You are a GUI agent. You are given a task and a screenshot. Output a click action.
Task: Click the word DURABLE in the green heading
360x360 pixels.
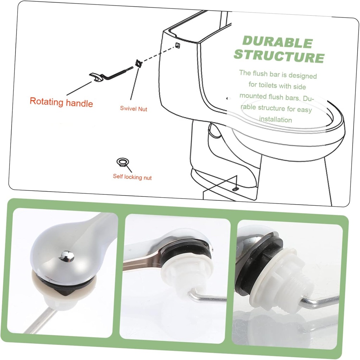(x=277, y=42)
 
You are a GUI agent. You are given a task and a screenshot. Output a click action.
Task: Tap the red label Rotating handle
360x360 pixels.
(x=61, y=102)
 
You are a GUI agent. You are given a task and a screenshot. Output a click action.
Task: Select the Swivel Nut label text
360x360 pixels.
(x=134, y=109)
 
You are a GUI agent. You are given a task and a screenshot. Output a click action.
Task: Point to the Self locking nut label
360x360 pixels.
(x=132, y=177)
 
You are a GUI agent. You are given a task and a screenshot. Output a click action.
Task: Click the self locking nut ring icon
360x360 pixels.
(x=122, y=162)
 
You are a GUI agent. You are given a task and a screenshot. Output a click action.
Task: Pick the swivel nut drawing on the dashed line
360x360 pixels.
(x=138, y=64)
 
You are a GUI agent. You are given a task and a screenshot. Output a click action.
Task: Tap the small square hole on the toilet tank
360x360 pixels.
(x=178, y=45)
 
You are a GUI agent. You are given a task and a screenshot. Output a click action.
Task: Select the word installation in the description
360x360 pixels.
(x=276, y=120)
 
